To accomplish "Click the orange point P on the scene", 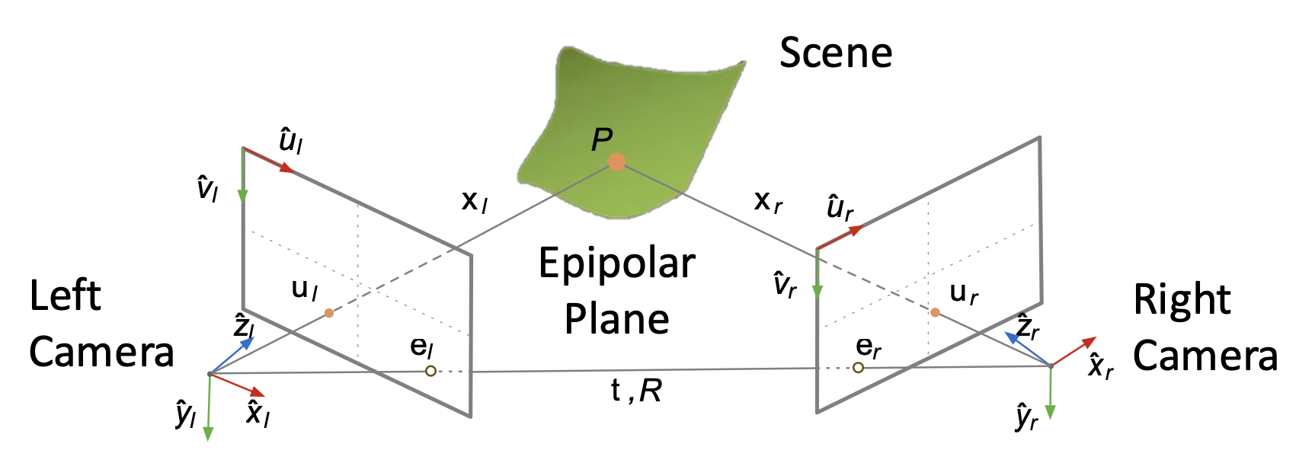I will (617, 161).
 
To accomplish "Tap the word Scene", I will (836, 53).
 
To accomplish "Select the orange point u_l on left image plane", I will (329, 313).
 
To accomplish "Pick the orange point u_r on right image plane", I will (935, 312).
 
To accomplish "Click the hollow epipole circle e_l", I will (430, 371).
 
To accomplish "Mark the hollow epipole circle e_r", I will (858, 368).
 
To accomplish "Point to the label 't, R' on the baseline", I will (636, 391).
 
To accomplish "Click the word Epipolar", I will (616, 264).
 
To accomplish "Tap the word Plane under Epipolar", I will (616, 319).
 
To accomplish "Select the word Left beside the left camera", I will (65, 295).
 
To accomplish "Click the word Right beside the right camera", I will (1182, 299).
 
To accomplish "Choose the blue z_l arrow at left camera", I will (232, 355).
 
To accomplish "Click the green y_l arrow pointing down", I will (208, 407).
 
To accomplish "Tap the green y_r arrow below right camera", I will (1050, 393).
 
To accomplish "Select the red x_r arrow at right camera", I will (1074, 351).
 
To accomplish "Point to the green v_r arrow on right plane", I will (817, 274).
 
